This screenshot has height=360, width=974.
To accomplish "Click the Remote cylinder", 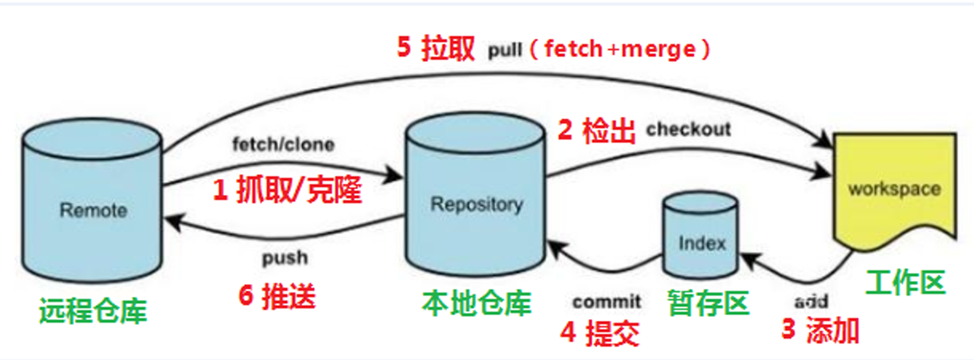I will point(92,202).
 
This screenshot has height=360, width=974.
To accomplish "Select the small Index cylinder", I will point(701,239).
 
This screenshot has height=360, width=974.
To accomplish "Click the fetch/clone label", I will point(283,145).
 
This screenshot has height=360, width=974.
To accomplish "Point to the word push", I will point(285,258).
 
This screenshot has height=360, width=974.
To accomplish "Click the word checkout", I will point(688,129).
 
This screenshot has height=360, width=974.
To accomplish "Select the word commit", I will point(607,301).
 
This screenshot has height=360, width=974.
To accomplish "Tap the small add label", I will point(811,301).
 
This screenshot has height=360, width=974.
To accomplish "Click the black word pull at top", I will point(505,50).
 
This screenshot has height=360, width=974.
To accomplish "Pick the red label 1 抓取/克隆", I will point(287,190).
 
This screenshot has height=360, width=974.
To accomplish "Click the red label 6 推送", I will point(277,296).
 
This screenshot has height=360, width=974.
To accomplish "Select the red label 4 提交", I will point(599,332).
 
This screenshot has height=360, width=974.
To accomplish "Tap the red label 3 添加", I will point(820,330).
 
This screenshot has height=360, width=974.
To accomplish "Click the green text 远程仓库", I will point(93,311).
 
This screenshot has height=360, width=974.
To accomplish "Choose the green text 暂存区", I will point(708,303).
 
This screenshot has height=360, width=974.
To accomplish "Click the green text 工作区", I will point(905,283).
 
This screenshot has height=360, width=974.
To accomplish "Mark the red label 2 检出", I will point(596,130).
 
